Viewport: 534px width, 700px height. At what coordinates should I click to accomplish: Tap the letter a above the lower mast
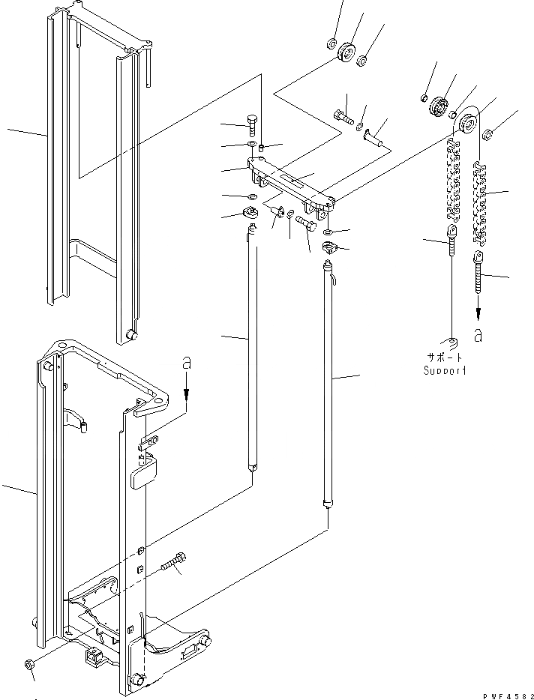coord(187,363)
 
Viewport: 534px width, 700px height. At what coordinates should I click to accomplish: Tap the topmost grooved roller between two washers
coord(346,54)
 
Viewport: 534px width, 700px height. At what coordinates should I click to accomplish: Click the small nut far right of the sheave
coord(487,135)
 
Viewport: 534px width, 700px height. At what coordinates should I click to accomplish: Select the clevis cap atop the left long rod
coord(251,216)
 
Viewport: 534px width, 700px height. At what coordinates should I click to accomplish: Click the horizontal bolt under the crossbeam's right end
coord(306,223)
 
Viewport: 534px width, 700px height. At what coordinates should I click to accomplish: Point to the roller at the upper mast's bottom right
coord(132,334)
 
